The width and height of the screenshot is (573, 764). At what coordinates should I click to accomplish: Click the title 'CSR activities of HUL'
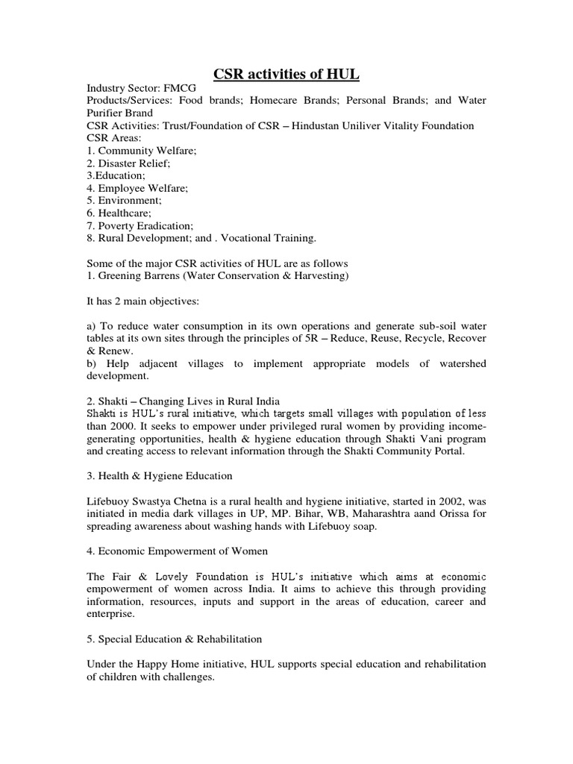pyautogui.click(x=286, y=73)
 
